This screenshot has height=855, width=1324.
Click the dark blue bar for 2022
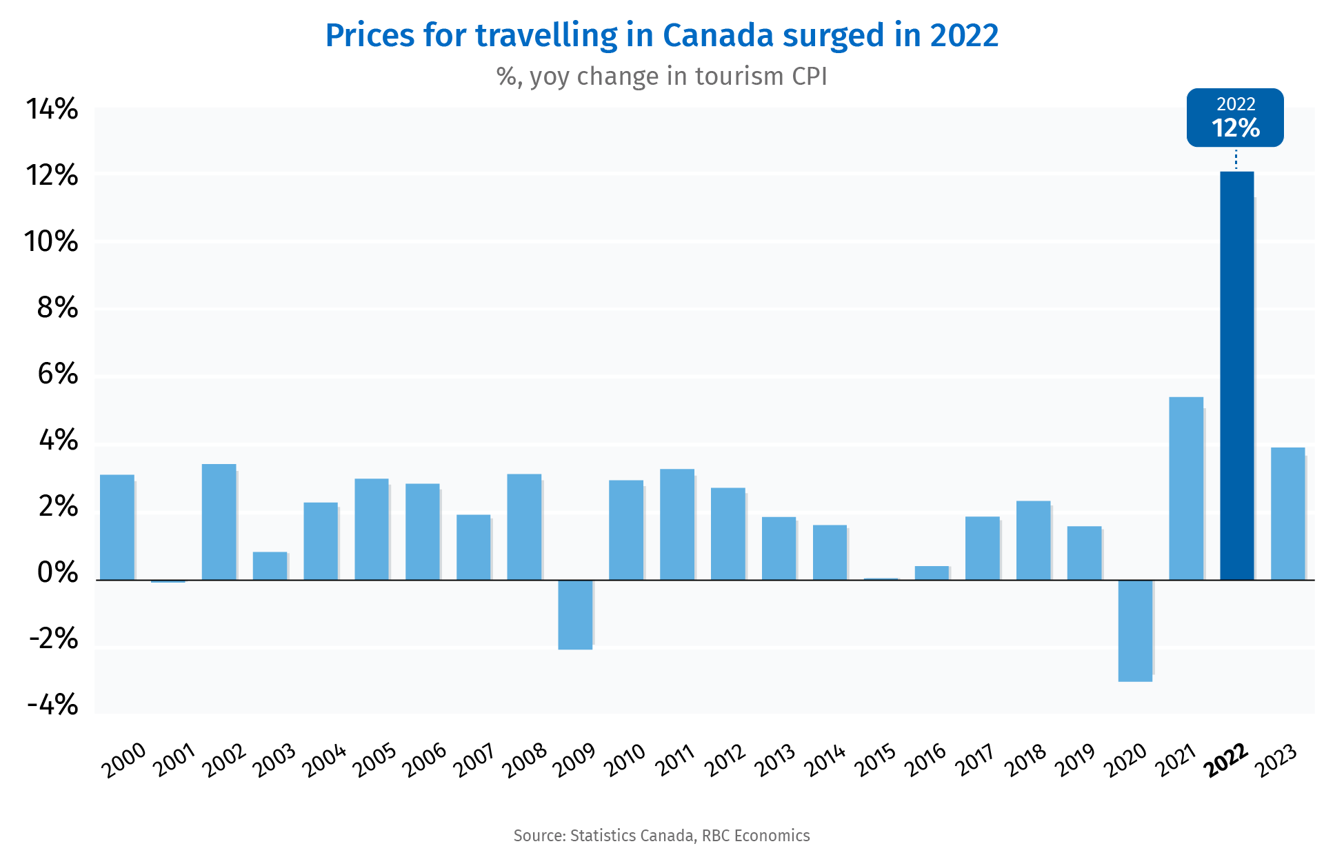click(x=1236, y=376)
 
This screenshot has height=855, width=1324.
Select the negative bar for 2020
click(x=1135, y=630)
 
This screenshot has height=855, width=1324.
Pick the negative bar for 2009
click(x=575, y=614)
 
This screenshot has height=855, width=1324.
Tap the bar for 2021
click(x=1186, y=488)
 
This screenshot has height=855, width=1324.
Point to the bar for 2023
click(x=1287, y=514)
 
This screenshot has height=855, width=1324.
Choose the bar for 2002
click(x=219, y=522)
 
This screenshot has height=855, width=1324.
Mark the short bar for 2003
click(x=270, y=565)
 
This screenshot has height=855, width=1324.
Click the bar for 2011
click(x=676, y=524)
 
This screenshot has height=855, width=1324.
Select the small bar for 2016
click(x=932, y=572)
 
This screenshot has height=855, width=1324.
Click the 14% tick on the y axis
click(x=52, y=109)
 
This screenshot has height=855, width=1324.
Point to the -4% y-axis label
click(x=52, y=705)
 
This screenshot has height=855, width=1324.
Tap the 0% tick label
click(x=57, y=573)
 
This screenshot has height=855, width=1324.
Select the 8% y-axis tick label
click(x=57, y=308)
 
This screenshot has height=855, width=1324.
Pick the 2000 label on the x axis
click(x=123, y=760)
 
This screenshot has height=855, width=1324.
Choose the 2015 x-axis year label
click(x=875, y=760)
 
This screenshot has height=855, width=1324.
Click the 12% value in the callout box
click(x=1235, y=128)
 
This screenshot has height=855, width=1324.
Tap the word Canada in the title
click(x=718, y=36)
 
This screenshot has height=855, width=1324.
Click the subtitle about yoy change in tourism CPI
click(x=661, y=77)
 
